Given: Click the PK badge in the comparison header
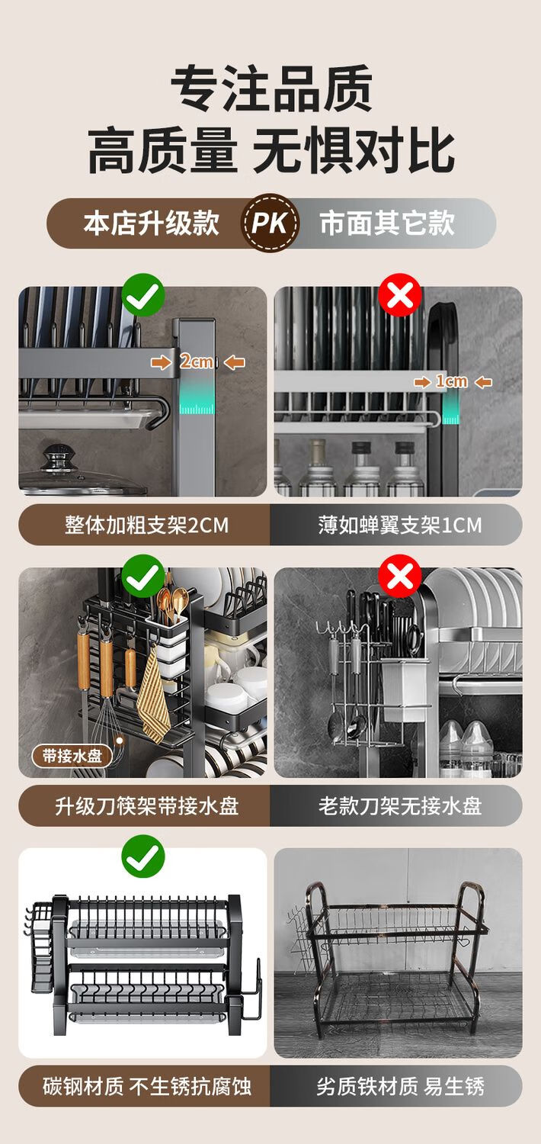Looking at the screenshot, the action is click(x=270, y=223).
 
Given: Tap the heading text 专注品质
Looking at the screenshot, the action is click(x=271, y=88).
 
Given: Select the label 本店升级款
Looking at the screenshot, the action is click(x=152, y=223).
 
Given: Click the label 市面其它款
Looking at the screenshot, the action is click(x=387, y=223).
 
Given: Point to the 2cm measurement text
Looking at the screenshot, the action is click(x=196, y=362).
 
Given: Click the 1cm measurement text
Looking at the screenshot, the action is click(x=451, y=381).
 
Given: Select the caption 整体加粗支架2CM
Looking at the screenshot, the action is click(x=146, y=525).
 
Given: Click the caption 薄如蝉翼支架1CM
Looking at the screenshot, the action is click(x=400, y=525).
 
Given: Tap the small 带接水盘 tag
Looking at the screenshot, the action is click(x=72, y=756).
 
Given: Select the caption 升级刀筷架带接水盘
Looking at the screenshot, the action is click(x=147, y=806).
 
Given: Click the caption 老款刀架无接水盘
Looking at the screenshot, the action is click(x=400, y=806).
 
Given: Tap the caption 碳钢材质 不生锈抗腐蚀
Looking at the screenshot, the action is click(x=147, y=1087).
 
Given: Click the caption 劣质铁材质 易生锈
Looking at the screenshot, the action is click(x=400, y=1087).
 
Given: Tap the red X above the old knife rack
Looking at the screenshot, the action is click(x=399, y=576).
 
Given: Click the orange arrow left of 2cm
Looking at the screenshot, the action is click(x=162, y=362).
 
